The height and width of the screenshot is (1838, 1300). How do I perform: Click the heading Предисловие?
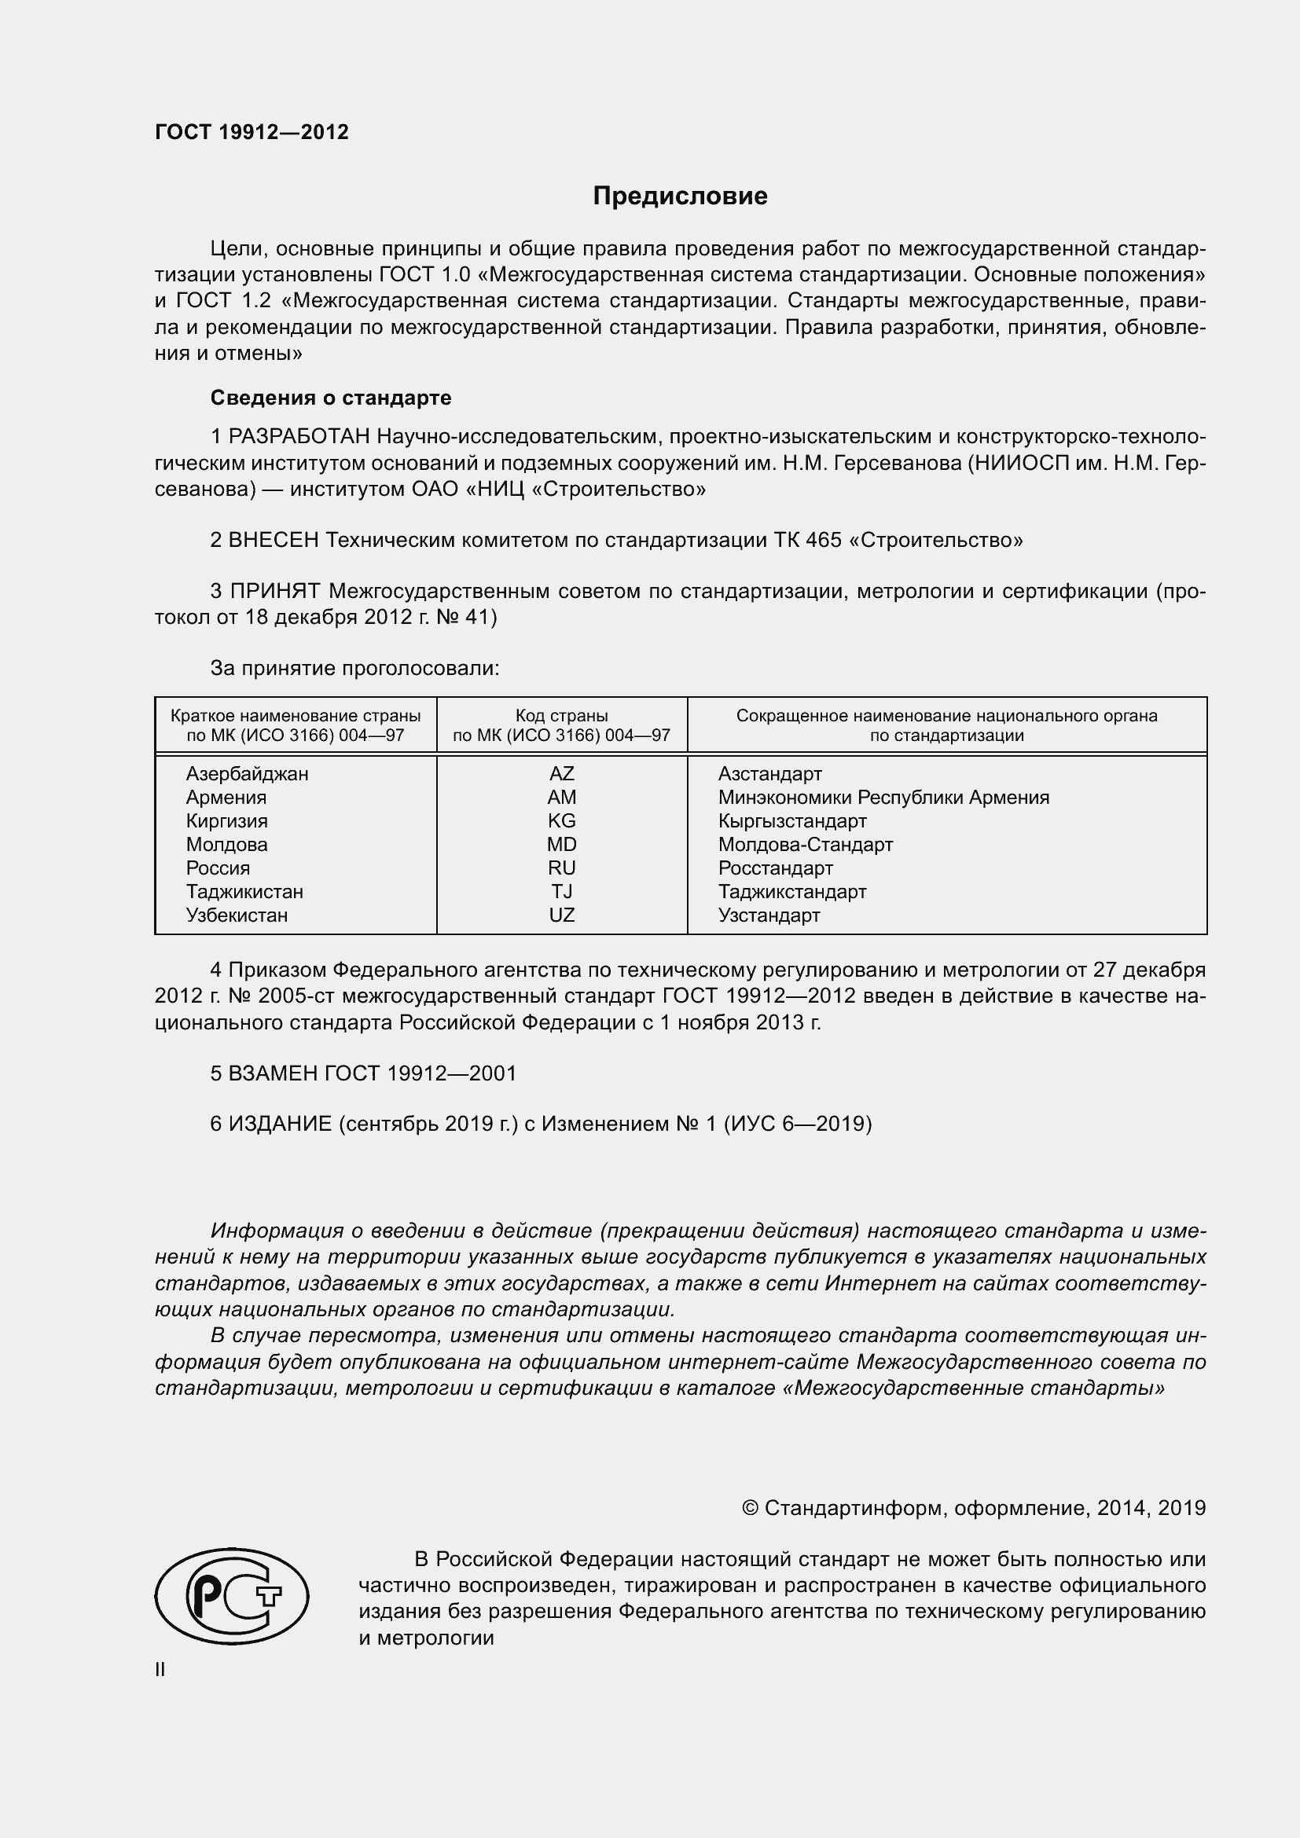click(680, 196)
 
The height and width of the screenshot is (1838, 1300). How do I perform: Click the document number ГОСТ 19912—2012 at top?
click(252, 132)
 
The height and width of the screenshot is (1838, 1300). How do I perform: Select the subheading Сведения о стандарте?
click(331, 398)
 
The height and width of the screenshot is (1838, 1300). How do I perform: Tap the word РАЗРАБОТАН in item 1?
click(299, 436)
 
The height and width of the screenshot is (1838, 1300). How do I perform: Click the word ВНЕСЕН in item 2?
click(274, 541)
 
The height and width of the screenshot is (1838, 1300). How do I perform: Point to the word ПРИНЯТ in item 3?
click(275, 592)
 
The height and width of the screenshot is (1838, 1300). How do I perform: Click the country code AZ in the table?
click(561, 774)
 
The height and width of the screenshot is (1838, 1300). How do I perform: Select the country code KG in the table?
click(561, 821)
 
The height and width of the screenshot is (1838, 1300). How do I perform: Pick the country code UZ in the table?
click(561, 915)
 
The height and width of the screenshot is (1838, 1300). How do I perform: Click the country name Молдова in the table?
click(226, 845)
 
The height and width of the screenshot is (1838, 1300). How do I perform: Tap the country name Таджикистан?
click(244, 892)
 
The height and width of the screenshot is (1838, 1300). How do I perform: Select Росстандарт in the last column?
click(775, 868)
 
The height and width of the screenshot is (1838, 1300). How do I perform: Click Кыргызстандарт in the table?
click(791, 821)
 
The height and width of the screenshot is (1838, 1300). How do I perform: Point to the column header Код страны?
click(561, 716)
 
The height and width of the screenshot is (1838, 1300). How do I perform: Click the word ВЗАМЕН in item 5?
click(274, 1073)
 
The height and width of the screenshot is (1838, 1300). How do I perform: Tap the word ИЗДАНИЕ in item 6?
click(280, 1124)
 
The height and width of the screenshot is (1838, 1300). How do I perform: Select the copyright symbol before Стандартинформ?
click(749, 1508)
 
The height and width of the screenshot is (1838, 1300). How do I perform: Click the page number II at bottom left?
click(160, 1669)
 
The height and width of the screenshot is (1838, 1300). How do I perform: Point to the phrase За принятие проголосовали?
click(354, 668)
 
